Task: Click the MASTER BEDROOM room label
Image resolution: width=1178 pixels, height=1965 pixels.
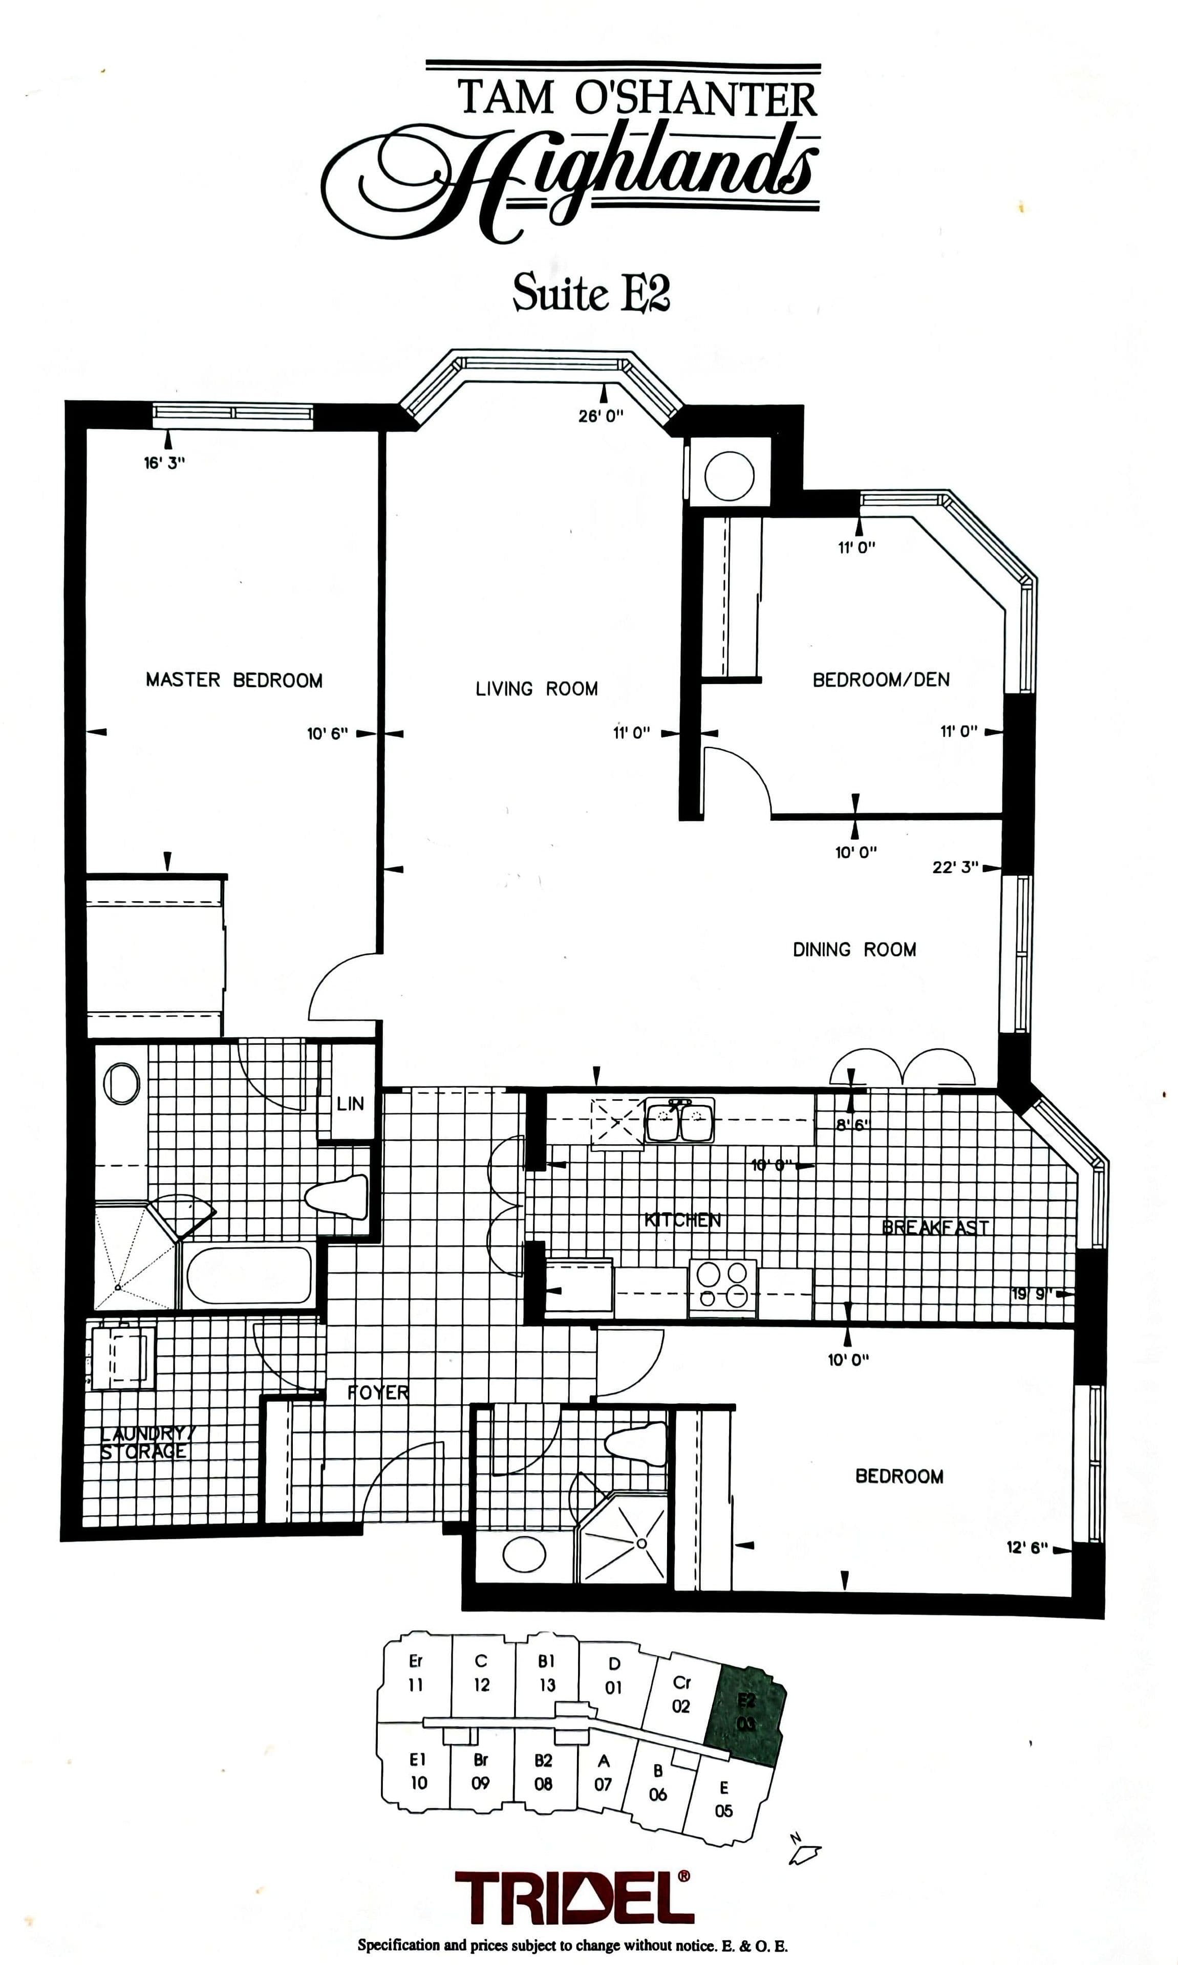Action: [234, 680]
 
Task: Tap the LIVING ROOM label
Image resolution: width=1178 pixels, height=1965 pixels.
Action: [537, 689]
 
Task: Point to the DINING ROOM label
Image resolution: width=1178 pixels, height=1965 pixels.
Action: [854, 950]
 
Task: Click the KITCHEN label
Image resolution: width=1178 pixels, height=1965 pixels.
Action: [682, 1220]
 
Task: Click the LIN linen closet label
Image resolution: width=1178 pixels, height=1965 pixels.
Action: [350, 1103]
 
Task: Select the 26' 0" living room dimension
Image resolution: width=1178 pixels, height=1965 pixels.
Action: [601, 416]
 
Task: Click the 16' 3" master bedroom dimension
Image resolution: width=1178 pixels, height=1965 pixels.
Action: [164, 463]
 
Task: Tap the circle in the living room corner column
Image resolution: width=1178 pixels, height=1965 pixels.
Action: [729, 476]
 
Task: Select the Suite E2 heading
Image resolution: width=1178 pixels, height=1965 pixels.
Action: [591, 294]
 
